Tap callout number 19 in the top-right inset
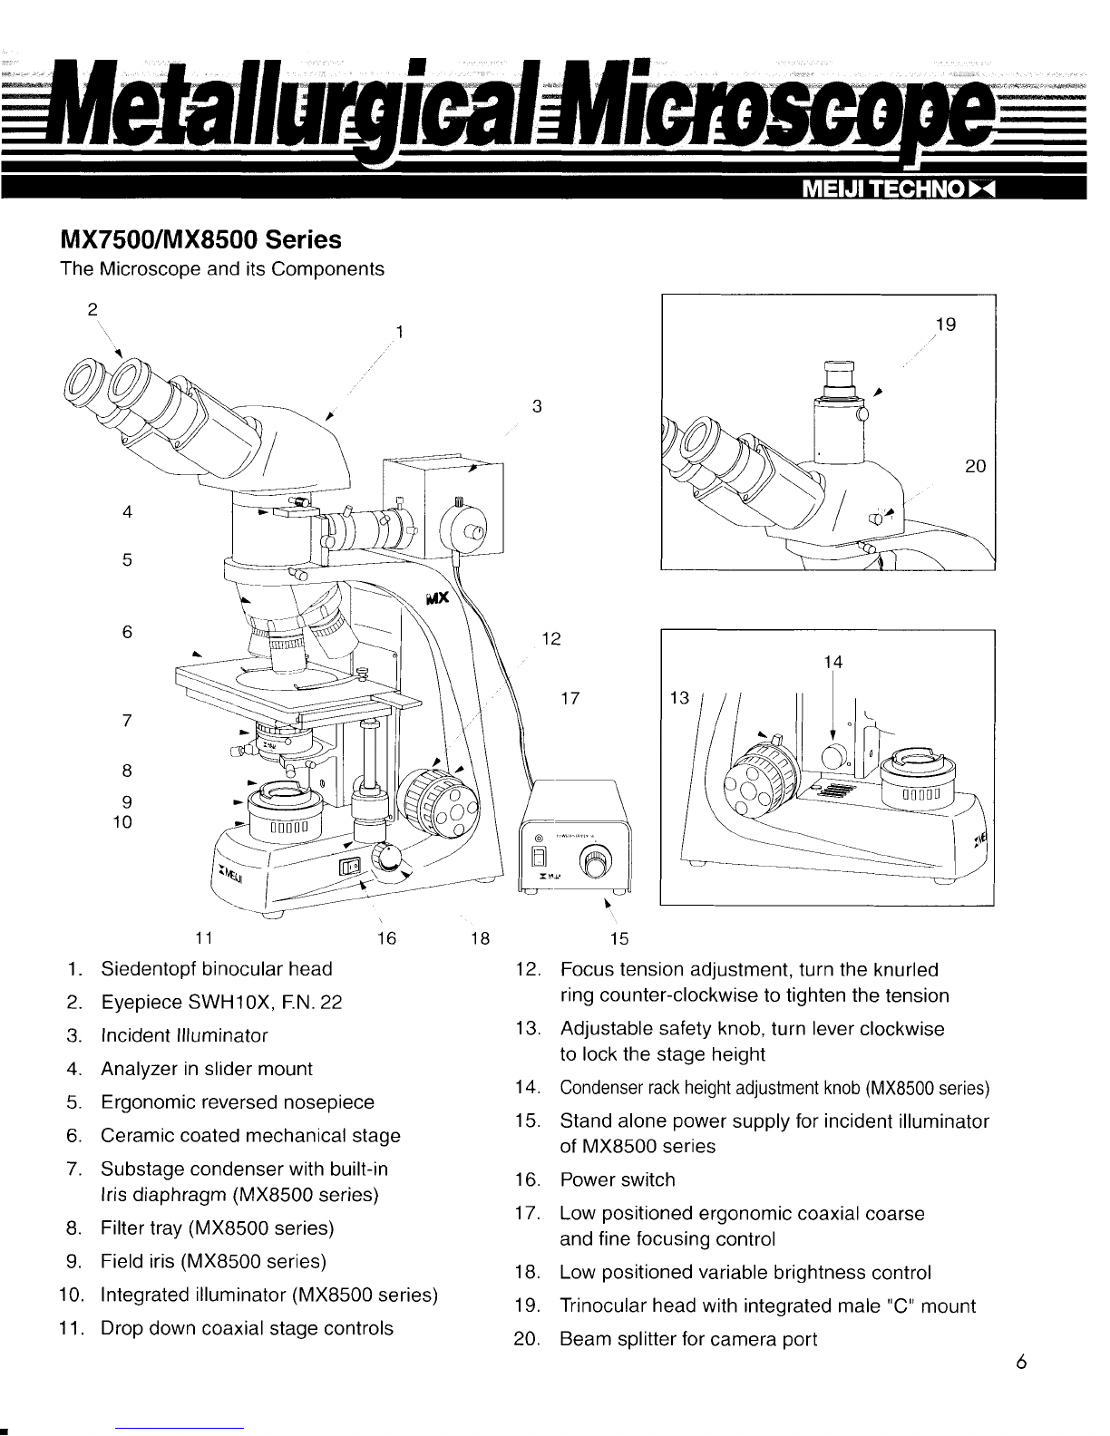(945, 325)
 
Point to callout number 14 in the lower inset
(833, 663)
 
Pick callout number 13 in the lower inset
(679, 698)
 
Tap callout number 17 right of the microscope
(570, 699)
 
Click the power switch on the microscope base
(350, 866)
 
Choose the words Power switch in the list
(617, 1179)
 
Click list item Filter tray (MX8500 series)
(217, 1228)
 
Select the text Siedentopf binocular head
(216, 968)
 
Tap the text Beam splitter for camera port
(688, 1339)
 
